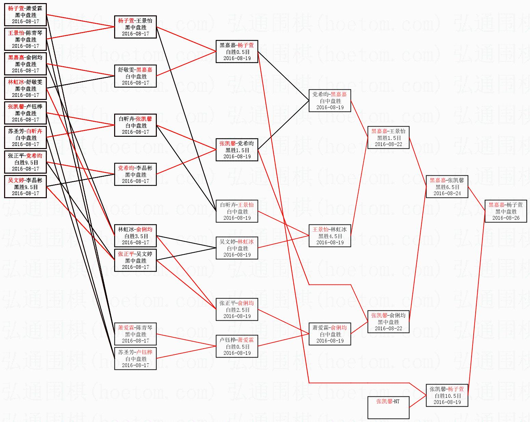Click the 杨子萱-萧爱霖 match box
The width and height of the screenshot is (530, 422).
(25, 15)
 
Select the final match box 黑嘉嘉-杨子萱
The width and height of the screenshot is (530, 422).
(506, 211)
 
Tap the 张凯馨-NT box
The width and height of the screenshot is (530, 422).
(388, 407)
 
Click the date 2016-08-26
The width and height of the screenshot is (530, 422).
(506, 218)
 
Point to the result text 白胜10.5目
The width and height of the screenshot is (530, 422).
(447, 396)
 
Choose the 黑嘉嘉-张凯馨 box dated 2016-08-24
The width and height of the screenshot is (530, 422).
(447, 187)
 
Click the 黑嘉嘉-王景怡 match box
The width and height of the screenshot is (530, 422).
(388, 137)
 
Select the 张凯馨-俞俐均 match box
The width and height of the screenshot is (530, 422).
(388, 322)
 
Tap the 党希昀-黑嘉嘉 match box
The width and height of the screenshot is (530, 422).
(330, 101)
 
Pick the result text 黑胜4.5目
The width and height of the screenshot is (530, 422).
(330, 236)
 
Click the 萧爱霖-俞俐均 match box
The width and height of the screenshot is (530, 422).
(330, 334)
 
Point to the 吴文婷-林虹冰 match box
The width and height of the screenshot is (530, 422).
(237, 248)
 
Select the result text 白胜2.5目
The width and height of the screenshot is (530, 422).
(237, 310)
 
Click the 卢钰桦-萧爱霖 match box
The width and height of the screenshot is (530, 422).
(237, 346)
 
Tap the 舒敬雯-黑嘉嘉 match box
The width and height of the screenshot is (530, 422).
(135, 76)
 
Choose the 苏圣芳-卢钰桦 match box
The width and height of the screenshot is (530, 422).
(135, 359)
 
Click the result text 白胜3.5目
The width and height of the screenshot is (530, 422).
(136, 236)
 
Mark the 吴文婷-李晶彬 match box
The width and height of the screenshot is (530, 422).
(25, 187)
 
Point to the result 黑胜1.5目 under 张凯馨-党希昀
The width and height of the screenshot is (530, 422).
(237, 150)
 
